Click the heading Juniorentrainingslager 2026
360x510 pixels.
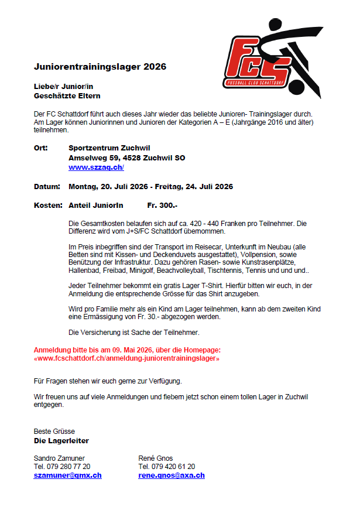pos(100,67)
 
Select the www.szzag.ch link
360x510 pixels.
pos(96,167)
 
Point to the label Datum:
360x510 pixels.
pos(47,187)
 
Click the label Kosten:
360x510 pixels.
pos(48,206)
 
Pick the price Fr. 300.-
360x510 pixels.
pos(162,206)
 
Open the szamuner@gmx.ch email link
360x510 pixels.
pos(67,475)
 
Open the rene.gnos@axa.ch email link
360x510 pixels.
pos(172,475)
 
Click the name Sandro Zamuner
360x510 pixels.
pos(59,457)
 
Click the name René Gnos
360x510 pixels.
pos(156,457)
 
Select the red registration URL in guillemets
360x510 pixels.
pos(127,358)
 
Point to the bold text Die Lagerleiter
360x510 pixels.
pos(61,440)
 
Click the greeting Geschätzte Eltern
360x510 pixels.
pos(67,95)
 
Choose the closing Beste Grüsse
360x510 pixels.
pos(54,431)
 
